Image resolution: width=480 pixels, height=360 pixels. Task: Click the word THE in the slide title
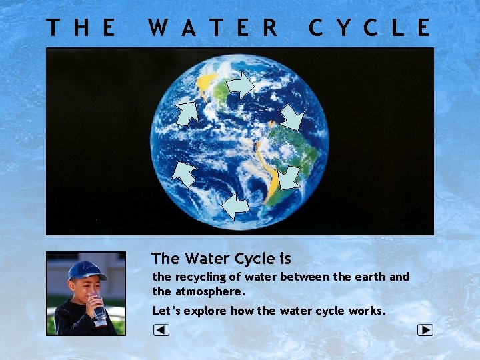click(x=81, y=28)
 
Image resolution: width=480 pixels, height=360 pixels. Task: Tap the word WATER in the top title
click(x=213, y=28)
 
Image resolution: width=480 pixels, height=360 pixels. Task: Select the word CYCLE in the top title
click(x=369, y=28)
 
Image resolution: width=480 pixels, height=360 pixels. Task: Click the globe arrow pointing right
click(x=241, y=85)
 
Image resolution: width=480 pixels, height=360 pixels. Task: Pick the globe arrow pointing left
click(x=235, y=207)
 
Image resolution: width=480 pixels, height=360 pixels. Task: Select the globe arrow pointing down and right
click(x=291, y=117)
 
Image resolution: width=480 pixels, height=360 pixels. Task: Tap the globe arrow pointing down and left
click(x=288, y=178)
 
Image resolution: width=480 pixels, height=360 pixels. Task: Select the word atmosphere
click(x=210, y=291)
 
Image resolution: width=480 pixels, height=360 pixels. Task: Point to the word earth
click(x=371, y=276)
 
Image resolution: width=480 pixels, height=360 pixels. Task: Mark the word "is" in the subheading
click(x=285, y=258)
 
